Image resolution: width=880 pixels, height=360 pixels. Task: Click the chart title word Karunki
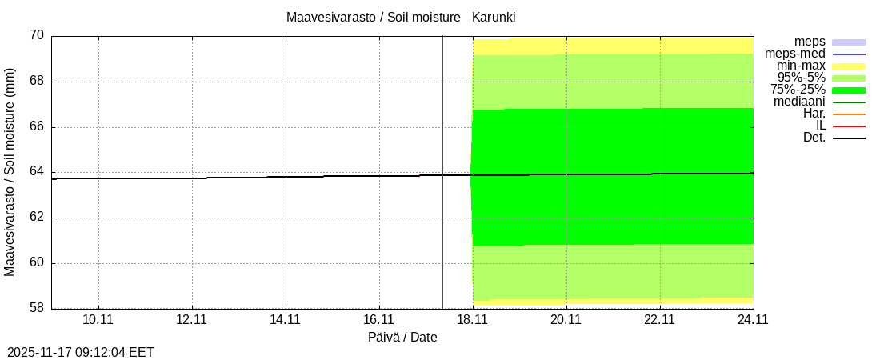499,17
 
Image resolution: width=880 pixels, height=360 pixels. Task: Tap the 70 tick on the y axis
37,36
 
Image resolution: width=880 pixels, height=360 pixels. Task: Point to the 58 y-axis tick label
37,308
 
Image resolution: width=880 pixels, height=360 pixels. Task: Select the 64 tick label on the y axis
37,172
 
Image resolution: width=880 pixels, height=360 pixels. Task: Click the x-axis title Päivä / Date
402,338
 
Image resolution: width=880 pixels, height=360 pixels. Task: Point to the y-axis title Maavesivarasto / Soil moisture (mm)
10,172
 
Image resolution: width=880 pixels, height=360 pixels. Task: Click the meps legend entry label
810,42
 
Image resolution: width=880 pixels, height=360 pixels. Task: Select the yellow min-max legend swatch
849,66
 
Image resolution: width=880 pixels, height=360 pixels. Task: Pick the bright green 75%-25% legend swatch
849,90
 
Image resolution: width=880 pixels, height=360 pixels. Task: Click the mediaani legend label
799,102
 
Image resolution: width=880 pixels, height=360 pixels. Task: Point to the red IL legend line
849,126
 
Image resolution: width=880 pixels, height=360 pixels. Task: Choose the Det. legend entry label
814,138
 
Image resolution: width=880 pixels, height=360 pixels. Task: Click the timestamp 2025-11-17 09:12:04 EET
81,352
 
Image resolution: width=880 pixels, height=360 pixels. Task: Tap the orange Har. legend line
849,114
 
